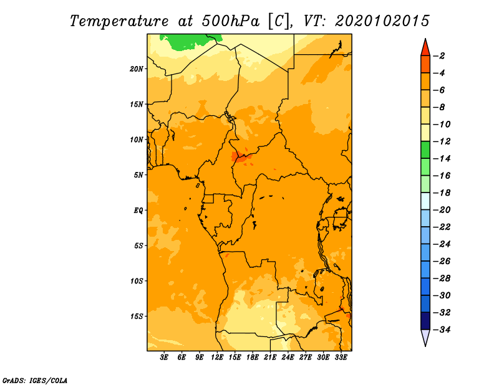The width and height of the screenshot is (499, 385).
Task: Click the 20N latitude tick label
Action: (x=136, y=69)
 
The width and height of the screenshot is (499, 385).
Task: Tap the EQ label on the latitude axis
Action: (x=138, y=211)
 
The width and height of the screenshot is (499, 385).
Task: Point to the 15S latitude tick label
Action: (x=137, y=316)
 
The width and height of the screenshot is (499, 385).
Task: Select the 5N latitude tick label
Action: (x=138, y=175)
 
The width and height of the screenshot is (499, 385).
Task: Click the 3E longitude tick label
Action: (x=164, y=357)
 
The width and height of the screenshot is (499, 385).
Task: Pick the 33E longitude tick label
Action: (x=341, y=357)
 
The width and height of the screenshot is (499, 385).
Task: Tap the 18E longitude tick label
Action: (x=253, y=357)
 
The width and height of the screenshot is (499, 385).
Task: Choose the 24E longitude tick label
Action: (x=288, y=357)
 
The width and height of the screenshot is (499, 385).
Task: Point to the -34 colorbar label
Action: (x=442, y=330)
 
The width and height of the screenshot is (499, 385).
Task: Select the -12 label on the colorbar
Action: (x=442, y=141)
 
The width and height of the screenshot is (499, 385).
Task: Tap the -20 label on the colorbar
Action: (x=442, y=210)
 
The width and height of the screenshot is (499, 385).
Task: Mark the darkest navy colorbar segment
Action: (x=425, y=321)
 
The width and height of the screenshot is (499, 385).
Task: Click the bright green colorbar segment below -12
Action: (x=425, y=150)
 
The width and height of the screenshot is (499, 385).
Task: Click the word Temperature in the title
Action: (x=119, y=22)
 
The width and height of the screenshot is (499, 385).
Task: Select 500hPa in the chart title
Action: (x=230, y=21)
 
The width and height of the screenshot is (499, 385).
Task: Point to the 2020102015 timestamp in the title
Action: (x=382, y=21)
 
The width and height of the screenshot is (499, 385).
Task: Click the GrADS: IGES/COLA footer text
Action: (x=35, y=380)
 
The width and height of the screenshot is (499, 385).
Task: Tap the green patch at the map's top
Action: (x=191, y=41)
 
